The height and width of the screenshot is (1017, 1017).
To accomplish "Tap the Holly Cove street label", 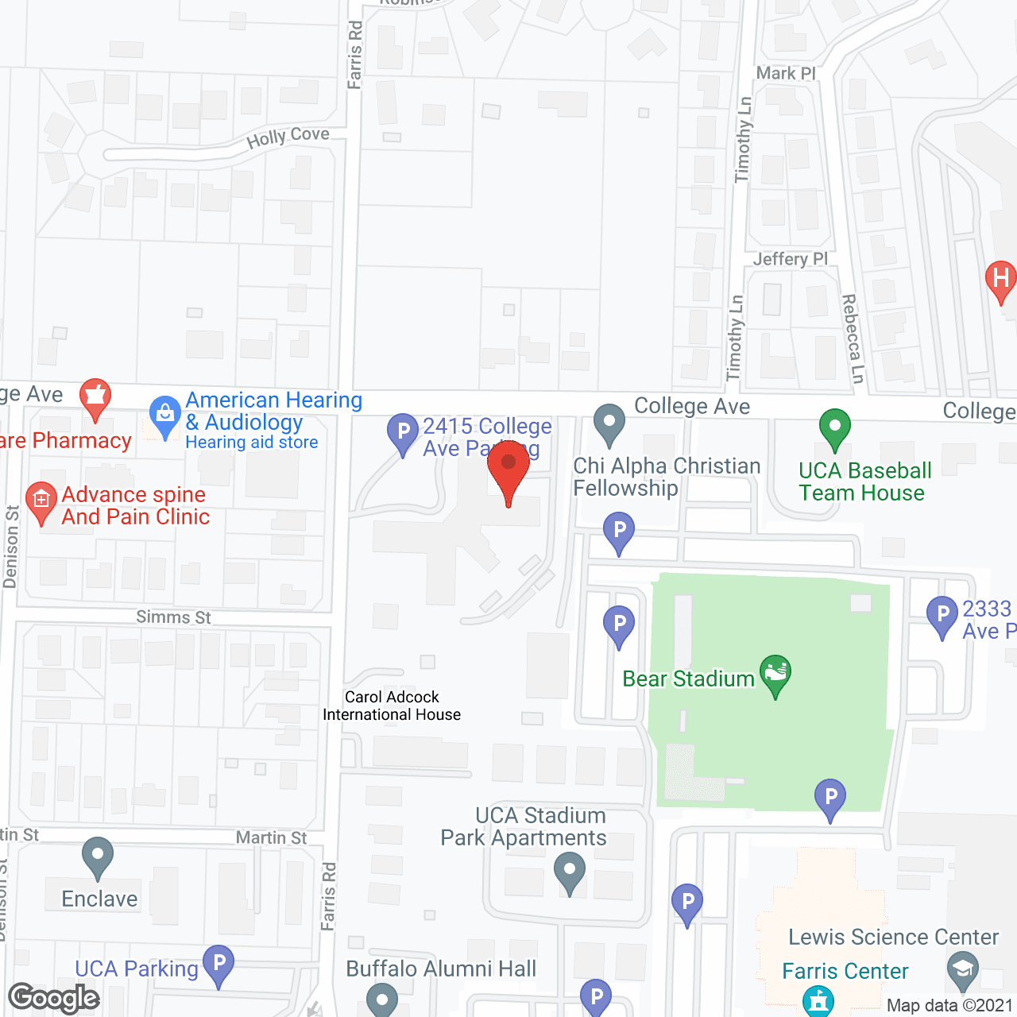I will point(288,137).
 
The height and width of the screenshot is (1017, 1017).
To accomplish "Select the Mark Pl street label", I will point(786,73).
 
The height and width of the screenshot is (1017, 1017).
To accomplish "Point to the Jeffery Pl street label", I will point(790,259).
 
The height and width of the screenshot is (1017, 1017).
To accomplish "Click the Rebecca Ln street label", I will point(852,338).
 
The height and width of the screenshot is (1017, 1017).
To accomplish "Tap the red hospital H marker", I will point(1000,280).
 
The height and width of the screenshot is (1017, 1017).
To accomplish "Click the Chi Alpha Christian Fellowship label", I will point(667,477).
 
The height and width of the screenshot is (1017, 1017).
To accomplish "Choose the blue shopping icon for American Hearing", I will point(165,415).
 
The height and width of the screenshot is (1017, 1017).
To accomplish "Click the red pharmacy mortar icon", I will point(95,396).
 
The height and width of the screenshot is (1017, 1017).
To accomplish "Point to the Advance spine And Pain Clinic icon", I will point(41,501).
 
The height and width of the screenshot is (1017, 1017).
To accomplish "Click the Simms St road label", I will point(173,617).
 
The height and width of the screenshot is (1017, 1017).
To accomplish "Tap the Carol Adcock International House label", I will point(392,706).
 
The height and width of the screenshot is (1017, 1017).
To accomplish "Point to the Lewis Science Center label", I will point(893,938).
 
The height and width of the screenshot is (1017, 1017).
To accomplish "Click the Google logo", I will point(54,998).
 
